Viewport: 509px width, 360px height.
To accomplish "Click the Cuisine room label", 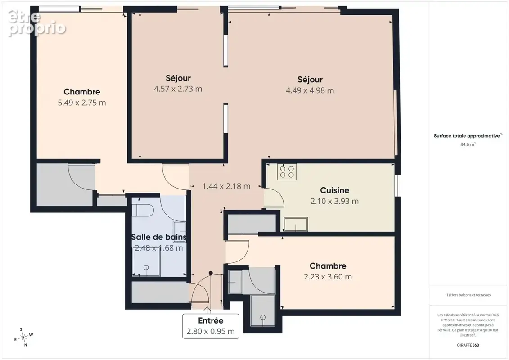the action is (x=334, y=190).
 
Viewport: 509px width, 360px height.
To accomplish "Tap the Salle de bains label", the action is (x=159, y=237).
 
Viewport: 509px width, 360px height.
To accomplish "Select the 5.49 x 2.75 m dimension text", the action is (x=82, y=103).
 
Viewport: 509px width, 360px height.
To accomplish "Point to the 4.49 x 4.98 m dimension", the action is (x=310, y=90).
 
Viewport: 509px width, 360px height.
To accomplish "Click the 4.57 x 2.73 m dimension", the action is (x=178, y=89).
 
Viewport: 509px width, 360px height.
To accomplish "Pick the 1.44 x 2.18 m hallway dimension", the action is (x=226, y=186).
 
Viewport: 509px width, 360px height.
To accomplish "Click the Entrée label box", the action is (x=211, y=326).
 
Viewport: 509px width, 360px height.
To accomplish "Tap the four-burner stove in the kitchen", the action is (x=287, y=172).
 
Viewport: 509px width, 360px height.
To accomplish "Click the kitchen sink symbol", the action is (x=296, y=224).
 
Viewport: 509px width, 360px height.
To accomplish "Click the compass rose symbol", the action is (x=23, y=337).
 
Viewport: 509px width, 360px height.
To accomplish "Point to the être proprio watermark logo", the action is (x=37, y=23).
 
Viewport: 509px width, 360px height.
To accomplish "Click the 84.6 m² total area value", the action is (x=468, y=144).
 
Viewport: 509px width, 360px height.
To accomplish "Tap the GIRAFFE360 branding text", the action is (x=468, y=345).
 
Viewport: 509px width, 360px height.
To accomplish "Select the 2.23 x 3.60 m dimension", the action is (x=328, y=277).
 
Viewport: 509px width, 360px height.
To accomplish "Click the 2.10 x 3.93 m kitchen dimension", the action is (x=334, y=201).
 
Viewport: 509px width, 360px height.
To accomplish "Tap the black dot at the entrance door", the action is (x=211, y=273).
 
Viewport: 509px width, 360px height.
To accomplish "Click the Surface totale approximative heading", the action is (x=468, y=136).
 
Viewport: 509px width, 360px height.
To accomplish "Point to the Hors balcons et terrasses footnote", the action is (x=468, y=295).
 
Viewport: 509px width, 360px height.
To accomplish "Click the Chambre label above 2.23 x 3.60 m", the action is (x=328, y=266).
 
